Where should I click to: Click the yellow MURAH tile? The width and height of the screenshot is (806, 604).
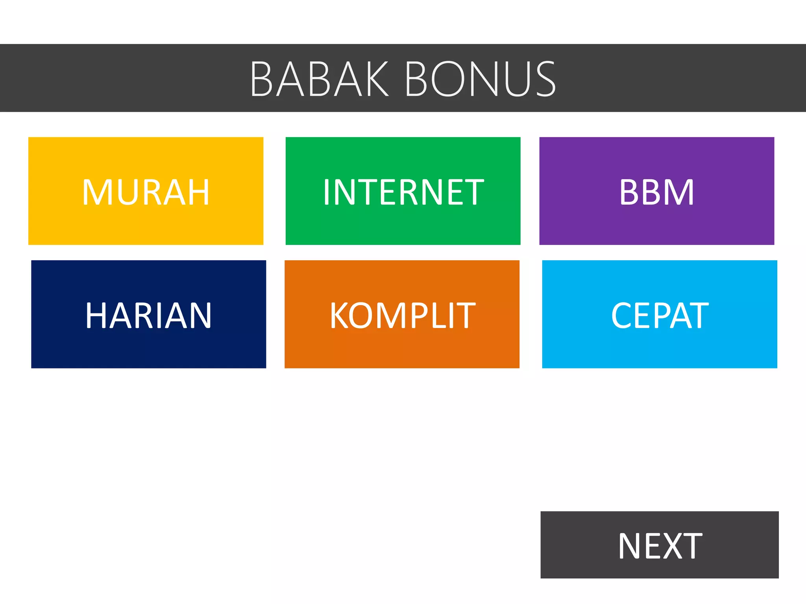coord(146,191)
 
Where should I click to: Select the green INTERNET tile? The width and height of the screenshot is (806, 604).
coord(403,191)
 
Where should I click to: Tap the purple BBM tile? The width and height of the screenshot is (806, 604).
coord(656,191)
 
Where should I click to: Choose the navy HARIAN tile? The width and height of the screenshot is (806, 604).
coord(148,314)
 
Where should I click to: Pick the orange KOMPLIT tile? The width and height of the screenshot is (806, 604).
coord(402,314)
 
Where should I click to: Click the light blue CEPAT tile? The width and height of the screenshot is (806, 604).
coord(660,314)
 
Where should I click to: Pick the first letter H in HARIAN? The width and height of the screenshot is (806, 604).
coord(96,315)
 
